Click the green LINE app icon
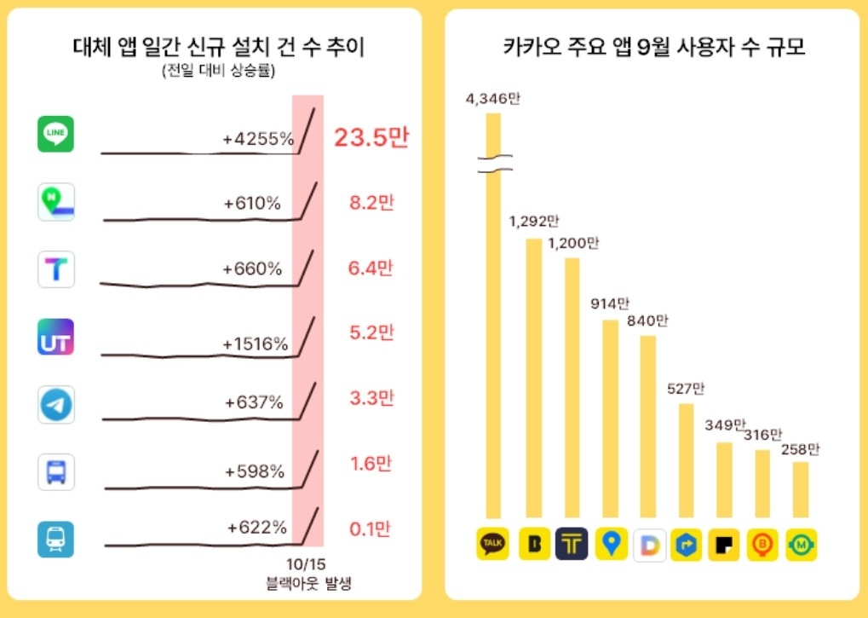pos(56,134)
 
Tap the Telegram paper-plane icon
pos(56,404)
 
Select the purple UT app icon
pos(56,337)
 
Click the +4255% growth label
pos(258,138)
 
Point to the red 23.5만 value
pos(371,137)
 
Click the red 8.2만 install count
pos(372,204)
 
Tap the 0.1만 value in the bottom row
pos(371,529)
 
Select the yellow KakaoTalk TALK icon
pos(492,544)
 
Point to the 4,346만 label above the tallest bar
pos(492,99)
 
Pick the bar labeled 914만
pos(610,418)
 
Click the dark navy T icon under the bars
pos(572,544)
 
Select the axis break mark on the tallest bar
pos(492,164)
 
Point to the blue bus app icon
pos(56,471)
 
